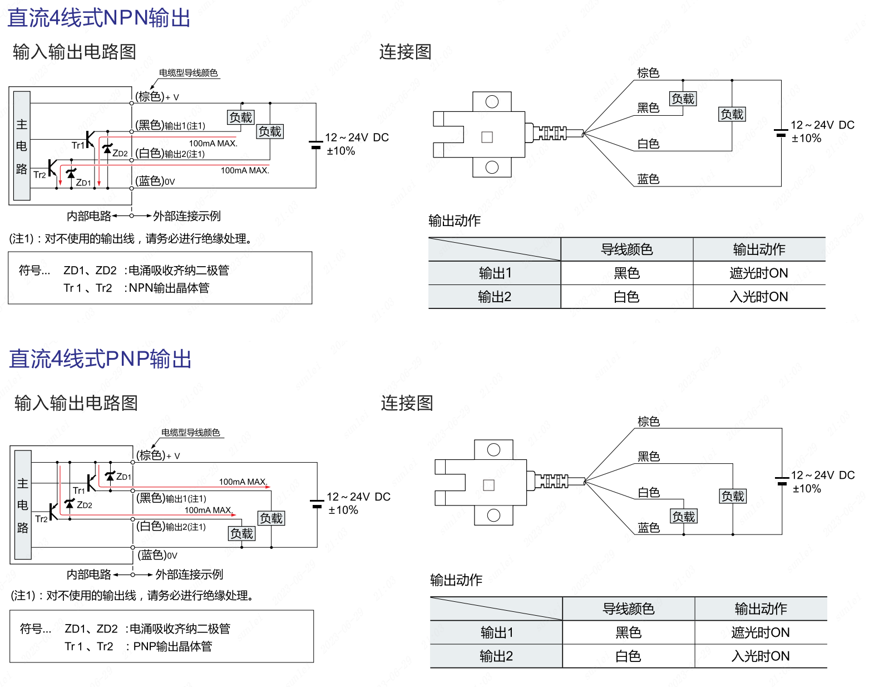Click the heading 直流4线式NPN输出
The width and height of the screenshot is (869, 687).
[x=99, y=18]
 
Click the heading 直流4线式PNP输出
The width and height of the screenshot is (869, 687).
[x=100, y=359]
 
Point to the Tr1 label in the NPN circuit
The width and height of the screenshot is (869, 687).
[x=78, y=145]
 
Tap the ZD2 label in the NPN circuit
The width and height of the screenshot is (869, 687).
[x=120, y=153]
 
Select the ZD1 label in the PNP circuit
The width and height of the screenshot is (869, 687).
[x=124, y=477]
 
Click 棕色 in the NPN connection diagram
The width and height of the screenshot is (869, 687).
[x=648, y=73]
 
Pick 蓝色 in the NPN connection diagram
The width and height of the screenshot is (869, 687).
[x=648, y=179]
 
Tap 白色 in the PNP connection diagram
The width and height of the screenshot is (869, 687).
[x=649, y=493]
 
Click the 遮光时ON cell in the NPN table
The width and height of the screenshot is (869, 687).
[x=759, y=273]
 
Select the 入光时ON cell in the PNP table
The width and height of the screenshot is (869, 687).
[x=761, y=656]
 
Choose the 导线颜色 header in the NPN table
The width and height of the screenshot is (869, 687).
[x=626, y=249]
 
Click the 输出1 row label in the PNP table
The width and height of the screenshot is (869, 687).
[x=496, y=632]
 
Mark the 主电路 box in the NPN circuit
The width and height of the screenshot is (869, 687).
[x=22, y=146]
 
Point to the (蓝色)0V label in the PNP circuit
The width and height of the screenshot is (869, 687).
[x=157, y=555]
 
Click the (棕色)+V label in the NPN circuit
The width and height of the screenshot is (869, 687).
[x=157, y=97]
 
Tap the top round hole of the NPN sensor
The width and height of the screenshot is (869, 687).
[x=492, y=102]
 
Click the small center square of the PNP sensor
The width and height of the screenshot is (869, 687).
[x=489, y=485]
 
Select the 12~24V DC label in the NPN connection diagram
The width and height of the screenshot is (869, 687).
[x=822, y=125]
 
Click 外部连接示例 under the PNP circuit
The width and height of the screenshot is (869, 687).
[x=189, y=575]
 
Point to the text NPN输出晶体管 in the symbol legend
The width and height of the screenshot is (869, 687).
[x=169, y=288]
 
